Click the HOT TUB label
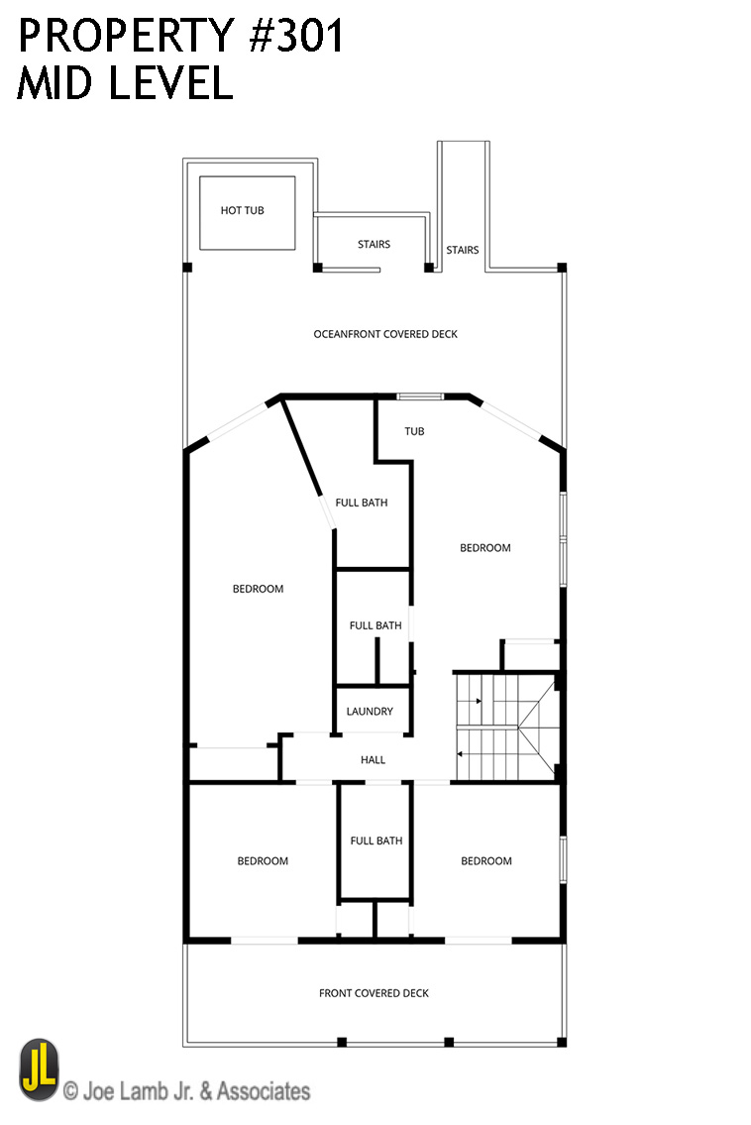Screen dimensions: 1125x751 pyautogui.click(x=243, y=210)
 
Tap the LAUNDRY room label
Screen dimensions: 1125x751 pyautogui.click(x=370, y=712)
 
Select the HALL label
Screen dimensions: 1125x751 pyautogui.click(x=374, y=760)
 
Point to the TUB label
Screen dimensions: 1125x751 pyautogui.click(x=414, y=431)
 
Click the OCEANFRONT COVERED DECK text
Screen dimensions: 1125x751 pyautogui.click(x=385, y=334)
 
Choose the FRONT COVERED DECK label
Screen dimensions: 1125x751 pyautogui.click(x=374, y=993)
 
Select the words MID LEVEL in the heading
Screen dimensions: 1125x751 pyautogui.click(x=125, y=83)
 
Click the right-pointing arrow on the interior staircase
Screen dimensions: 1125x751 pyautogui.click(x=478, y=701)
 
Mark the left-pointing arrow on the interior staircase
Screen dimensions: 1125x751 pyautogui.click(x=462, y=754)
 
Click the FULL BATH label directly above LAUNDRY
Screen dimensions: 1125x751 pyautogui.click(x=375, y=625)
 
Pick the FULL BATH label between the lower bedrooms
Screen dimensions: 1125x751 pyautogui.click(x=376, y=841)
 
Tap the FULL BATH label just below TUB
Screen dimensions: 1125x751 pyautogui.click(x=362, y=503)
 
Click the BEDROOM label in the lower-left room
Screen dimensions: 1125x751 pyautogui.click(x=263, y=860)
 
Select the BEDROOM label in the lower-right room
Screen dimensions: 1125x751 pyautogui.click(x=486, y=860)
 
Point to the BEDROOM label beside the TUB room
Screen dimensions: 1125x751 pyautogui.click(x=485, y=547)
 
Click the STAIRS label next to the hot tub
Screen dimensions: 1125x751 pyautogui.click(x=374, y=244)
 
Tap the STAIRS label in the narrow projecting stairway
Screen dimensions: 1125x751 pyautogui.click(x=463, y=250)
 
